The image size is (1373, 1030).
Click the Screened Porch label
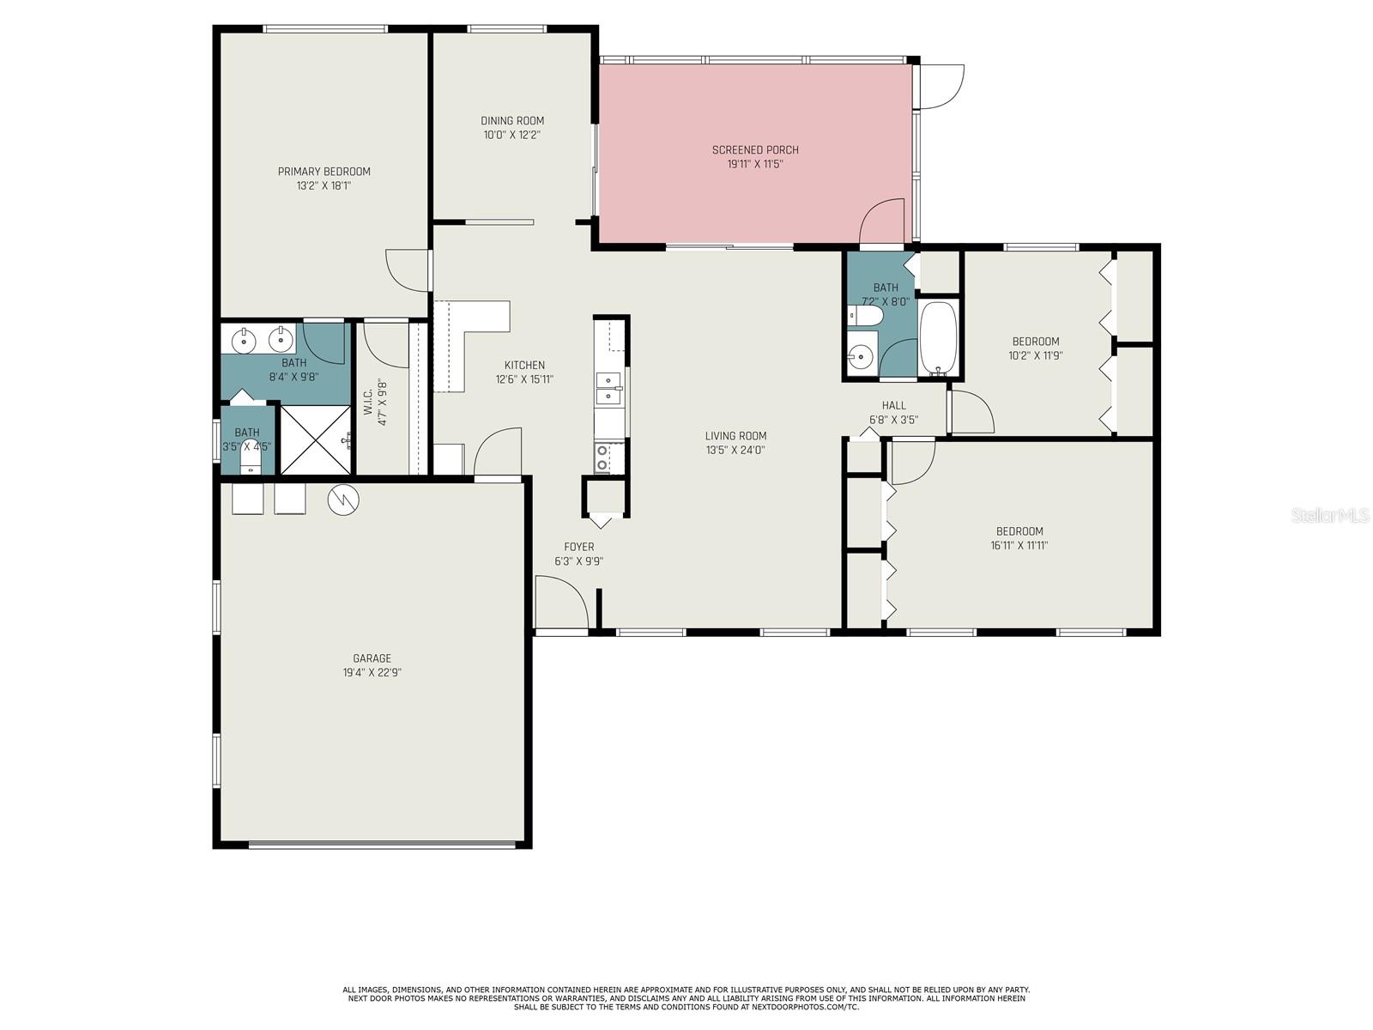[755, 150]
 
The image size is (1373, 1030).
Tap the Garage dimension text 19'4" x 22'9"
[372, 673]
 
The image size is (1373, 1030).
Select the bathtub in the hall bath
[940, 339]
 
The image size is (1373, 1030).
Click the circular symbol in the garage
[343, 499]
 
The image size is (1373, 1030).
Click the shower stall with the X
[315, 439]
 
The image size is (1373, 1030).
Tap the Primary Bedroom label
[324, 172]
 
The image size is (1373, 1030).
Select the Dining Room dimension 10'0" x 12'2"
[511, 135]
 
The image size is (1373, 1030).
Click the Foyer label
[578, 547]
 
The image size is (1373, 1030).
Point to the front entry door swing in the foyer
[560, 603]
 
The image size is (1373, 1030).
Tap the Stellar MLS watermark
[1329, 515]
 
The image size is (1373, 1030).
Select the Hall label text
[893, 405]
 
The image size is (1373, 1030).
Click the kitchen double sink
[608, 388]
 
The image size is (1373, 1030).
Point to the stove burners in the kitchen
[603, 457]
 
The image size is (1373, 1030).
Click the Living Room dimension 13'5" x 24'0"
[735, 450]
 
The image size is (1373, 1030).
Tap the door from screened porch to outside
[941, 86]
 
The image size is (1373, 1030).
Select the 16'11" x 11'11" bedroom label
[1019, 531]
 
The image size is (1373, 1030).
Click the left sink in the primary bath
[245, 340]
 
